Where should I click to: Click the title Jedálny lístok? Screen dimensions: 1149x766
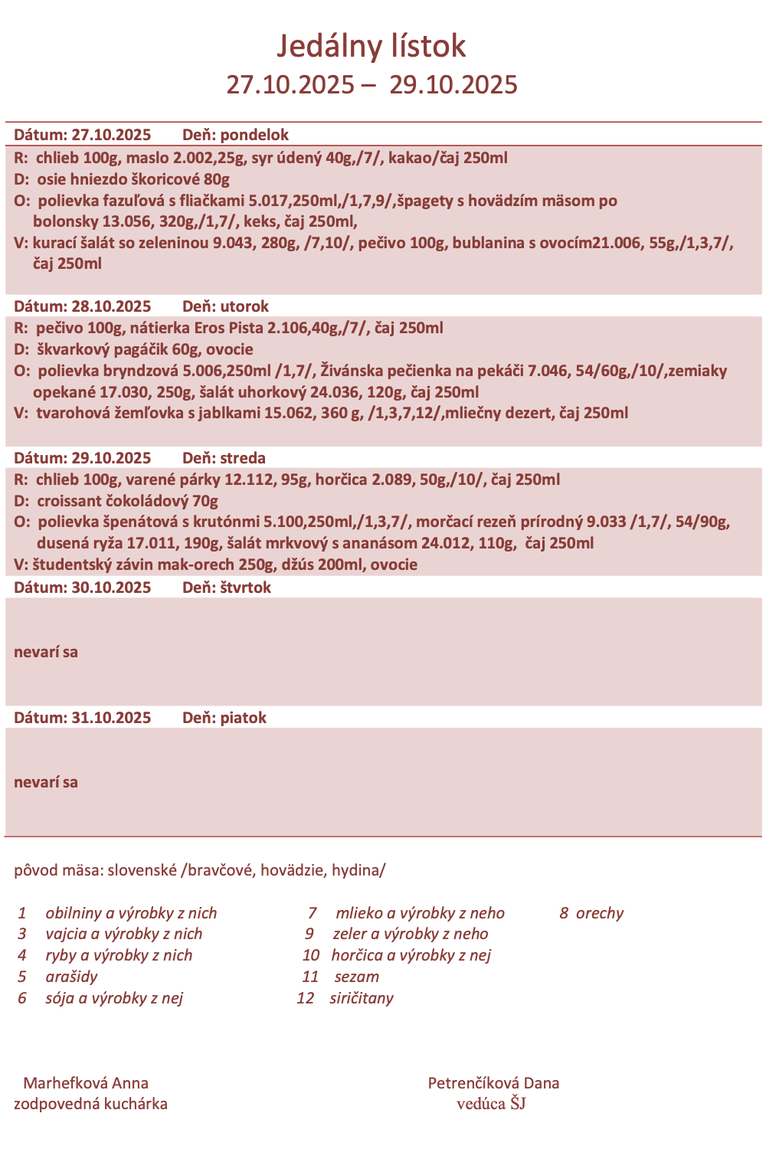pos(371,46)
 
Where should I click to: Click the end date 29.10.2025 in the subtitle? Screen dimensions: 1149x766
pos(453,84)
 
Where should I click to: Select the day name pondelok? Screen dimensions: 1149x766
pos(254,135)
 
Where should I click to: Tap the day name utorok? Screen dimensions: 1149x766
pos(244,306)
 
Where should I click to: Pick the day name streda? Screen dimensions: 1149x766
pos(243,458)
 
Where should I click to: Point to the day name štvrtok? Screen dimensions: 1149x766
pos(245,588)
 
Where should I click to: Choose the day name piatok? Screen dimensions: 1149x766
pos(243,718)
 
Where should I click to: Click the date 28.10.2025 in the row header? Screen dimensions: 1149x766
pos(111,306)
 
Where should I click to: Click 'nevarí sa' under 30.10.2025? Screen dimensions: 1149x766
pos(46,653)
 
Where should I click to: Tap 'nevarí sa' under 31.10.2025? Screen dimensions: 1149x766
pos(46,783)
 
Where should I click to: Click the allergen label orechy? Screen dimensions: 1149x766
pos(600,913)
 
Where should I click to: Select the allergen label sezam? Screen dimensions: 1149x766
pos(357,977)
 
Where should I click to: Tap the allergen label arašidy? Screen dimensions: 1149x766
pos(71,977)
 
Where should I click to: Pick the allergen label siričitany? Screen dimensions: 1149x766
pos(362,998)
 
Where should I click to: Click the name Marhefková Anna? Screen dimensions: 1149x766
pos(86,1083)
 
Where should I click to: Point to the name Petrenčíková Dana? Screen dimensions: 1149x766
pos(493,1083)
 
